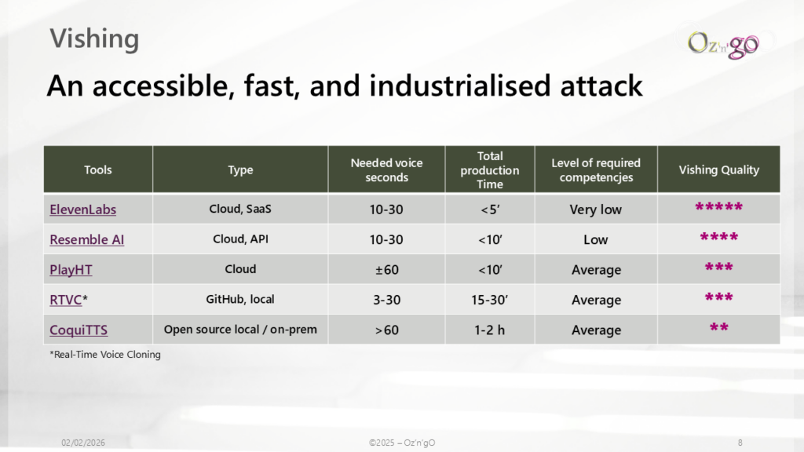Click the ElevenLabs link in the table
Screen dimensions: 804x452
point(82,209)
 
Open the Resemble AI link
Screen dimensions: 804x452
point(86,239)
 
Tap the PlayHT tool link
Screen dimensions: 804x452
point(71,270)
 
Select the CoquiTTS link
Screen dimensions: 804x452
point(79,330)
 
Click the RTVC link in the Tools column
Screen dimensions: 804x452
point(66,300)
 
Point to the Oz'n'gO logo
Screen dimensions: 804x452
point(723,45)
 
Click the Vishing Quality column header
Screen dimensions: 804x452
point(719,169)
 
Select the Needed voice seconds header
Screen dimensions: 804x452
point(386,170)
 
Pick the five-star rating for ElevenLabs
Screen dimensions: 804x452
point(719,206)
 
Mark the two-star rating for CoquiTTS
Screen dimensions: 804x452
point(719,327)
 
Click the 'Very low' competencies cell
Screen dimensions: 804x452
point(595,210)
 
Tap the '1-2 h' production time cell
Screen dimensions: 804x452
point(489,330)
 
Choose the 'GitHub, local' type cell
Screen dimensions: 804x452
point(240,299)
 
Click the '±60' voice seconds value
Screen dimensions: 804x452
point(386,270)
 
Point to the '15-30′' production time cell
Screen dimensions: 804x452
point(489,300)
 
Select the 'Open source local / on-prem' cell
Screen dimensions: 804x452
point(240,330)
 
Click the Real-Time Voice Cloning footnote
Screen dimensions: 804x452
point(105,354)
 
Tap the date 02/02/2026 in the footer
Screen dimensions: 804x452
point(83,443)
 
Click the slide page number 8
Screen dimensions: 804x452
point(740,443)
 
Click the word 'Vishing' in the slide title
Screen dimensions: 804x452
point(94,38)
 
